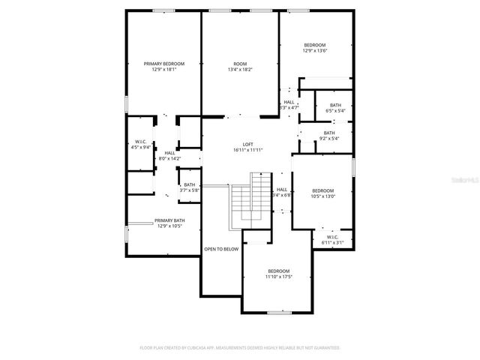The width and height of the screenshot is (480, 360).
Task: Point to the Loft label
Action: [x=247, y=144]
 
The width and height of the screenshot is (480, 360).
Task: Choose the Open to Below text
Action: [x=221, y=249]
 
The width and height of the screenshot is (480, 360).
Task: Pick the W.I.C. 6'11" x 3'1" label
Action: [x=331, y=239]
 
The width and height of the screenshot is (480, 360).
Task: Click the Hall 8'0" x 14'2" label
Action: [x=169, y=155]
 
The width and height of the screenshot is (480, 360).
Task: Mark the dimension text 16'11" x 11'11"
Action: [x=247, y=150]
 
